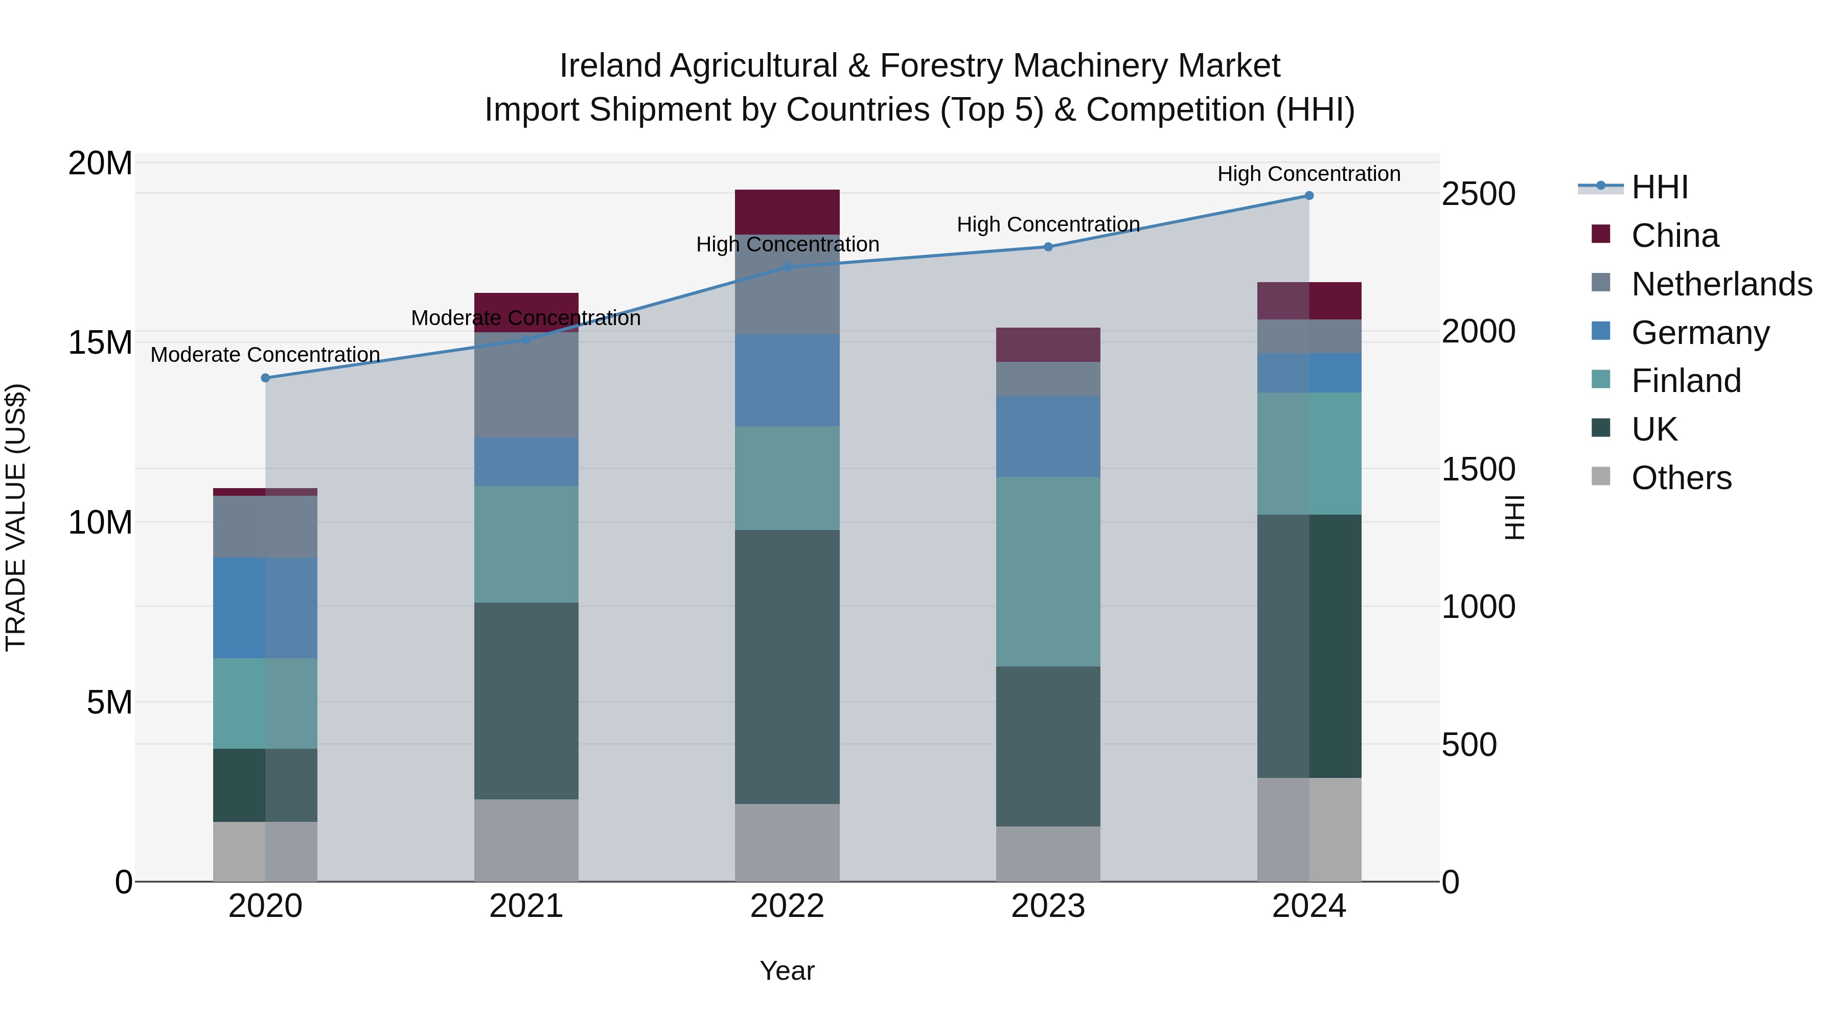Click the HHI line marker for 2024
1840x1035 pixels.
coord(1308,196)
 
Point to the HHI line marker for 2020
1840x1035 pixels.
coord(265,378)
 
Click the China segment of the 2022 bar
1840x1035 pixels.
coord(787,212)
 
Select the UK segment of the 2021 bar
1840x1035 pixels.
coord(526,700)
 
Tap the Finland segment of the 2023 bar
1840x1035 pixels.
coord(1048,571)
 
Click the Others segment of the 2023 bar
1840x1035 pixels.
coord(1048,854)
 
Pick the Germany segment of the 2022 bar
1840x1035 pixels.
coord(787,381)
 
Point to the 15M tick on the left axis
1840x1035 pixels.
coord(100,343)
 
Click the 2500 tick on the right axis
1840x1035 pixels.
coord(1478,194)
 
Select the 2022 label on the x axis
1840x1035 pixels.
coord(787,906)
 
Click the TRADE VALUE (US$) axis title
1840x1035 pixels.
coord(16,517)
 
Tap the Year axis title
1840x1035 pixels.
coord(787,971)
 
